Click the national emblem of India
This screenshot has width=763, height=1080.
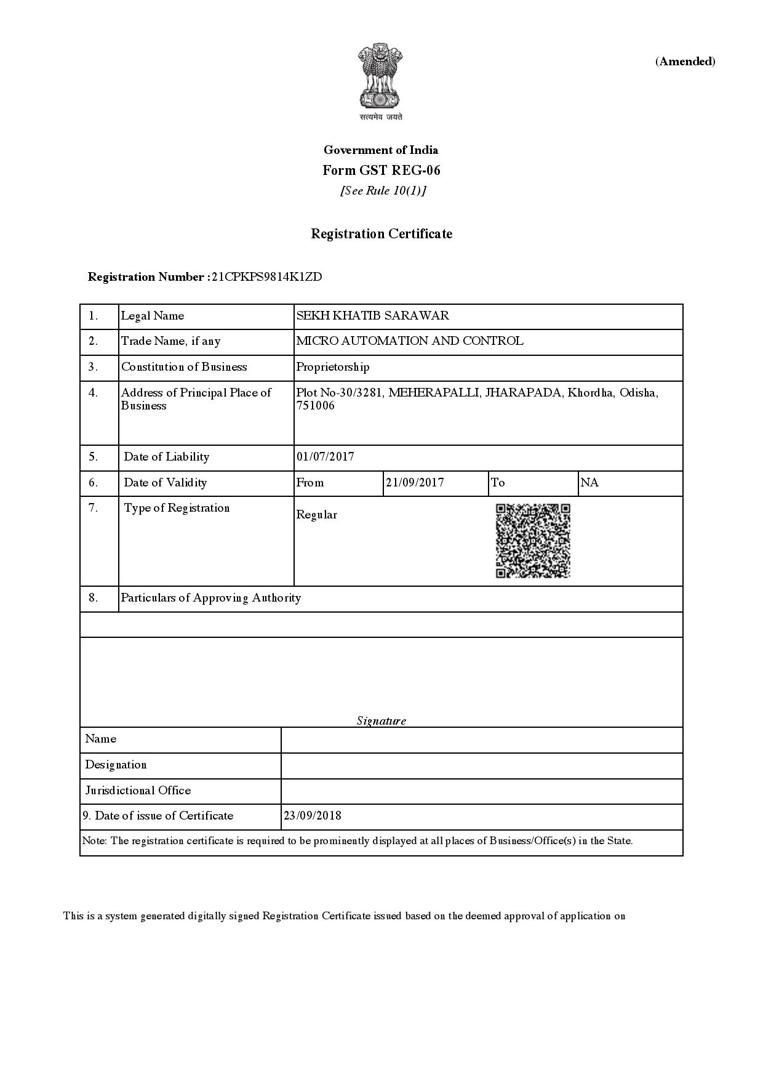381,77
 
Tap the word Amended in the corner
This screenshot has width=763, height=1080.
685,62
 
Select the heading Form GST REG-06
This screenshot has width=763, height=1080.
381,171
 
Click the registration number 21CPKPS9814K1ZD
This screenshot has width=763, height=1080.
266,277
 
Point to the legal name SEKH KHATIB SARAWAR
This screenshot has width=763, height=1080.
372,316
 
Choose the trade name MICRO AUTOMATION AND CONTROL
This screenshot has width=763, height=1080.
410,341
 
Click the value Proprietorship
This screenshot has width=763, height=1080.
333,367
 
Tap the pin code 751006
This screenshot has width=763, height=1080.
316,406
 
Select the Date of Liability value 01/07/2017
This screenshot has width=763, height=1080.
325,457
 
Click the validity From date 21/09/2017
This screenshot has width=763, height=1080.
415,483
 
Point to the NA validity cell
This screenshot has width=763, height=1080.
589,483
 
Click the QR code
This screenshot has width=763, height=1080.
533,541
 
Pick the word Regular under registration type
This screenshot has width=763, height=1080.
316,515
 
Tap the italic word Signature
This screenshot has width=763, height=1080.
381,721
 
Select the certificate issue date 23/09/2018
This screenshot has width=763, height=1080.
313,816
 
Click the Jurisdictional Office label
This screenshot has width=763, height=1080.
138,791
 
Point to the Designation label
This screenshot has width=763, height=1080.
116,765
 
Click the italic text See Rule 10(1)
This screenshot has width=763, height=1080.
383,191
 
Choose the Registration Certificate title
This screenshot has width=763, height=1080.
381,234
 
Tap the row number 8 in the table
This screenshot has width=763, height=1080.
93,598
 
